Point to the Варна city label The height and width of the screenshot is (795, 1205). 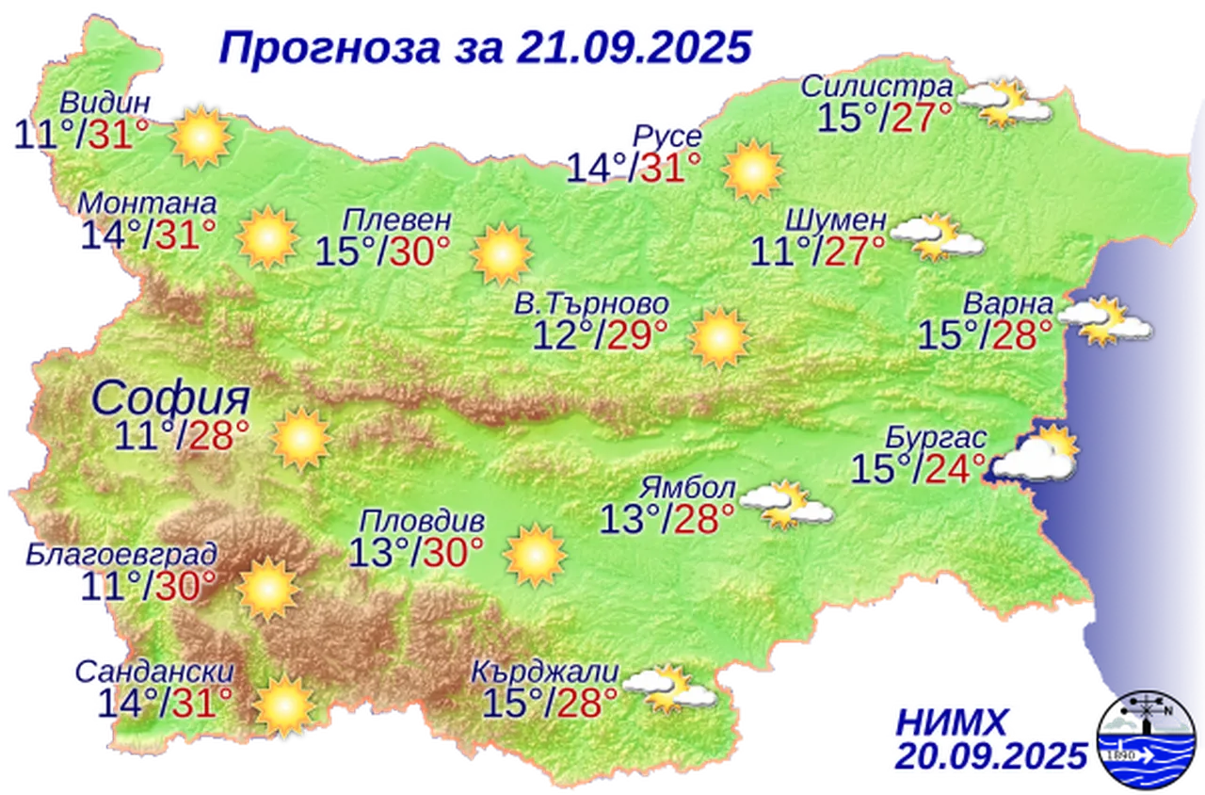point(1006,306)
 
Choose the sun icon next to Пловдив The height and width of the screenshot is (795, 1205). point(535,555)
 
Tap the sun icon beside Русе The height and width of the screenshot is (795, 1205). point(753,170)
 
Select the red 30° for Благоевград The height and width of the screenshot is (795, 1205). point(185,586)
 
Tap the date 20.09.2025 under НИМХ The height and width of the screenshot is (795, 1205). point(991,755)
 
